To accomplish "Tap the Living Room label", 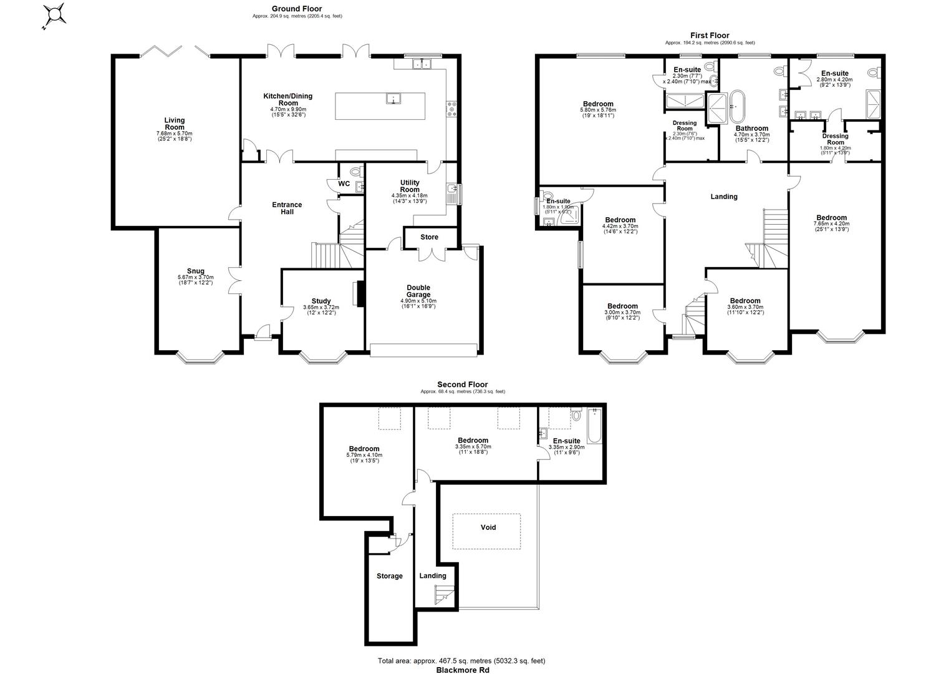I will [x=175, y=124].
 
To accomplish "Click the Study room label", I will [x=321, y=301].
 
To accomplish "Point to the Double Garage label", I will [x=418, y=291].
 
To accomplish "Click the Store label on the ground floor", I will [x=429, y=237].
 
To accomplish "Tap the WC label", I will [x=344, y=184].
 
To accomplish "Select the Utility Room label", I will [x=410, y=186].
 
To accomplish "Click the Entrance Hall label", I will [x=287, y=208].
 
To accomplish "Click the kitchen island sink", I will [x=392, y=99].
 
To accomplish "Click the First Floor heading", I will [x=710, y=36].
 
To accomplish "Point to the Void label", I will [x=488, y=527].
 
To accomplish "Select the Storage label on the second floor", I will [x=390, y=576].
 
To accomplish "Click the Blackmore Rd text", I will [x=462, y=670].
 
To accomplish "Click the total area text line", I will [x=461, y=661].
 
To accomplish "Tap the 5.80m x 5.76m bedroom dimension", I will [x=598, y=110].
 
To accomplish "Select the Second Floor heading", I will [x=462, y=384].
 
